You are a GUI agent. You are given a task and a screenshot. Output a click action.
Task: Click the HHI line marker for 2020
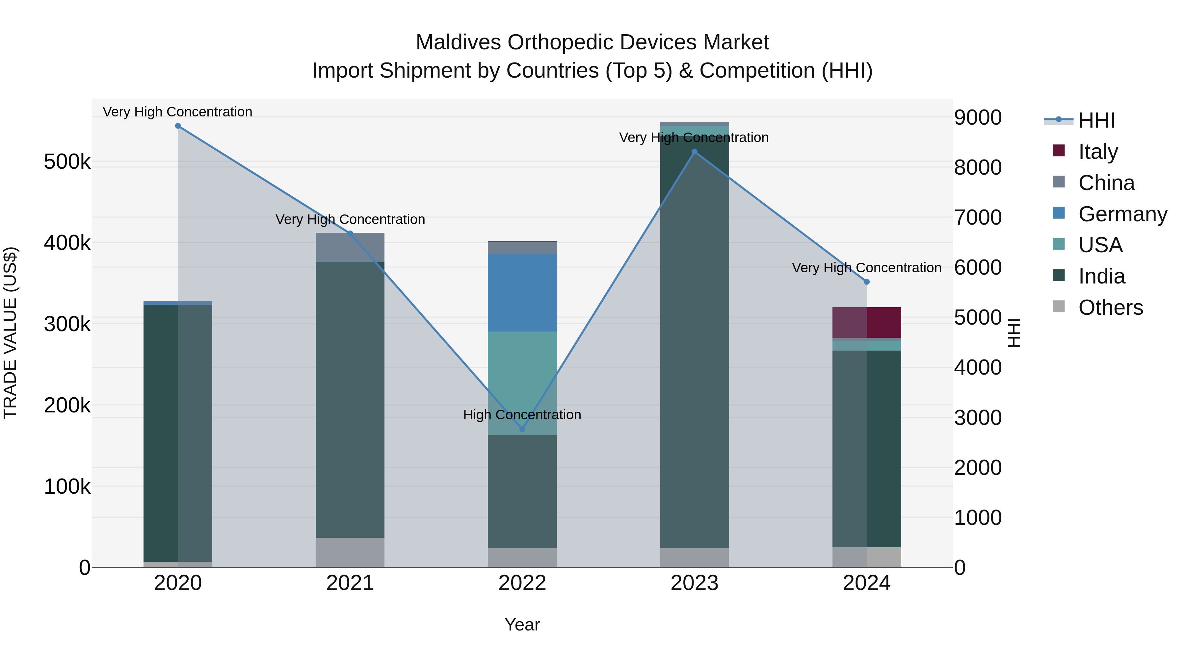click(x=178, y=126)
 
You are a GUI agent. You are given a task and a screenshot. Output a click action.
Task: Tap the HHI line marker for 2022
click(x=522, y=429)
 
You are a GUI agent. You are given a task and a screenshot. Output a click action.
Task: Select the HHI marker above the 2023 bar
click(x=695, y=152)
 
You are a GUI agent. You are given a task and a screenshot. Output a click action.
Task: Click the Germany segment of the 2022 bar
click(x=522, y=292)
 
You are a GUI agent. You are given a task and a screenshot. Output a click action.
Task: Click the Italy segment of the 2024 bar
click(x=867, y=322)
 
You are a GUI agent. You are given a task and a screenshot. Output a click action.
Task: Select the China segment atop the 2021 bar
click(x=350, y=248)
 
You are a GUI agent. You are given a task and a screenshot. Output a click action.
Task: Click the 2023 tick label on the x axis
click(x=695, y=583)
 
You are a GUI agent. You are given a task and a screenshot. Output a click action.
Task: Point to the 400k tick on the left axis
click(x=67, y=243)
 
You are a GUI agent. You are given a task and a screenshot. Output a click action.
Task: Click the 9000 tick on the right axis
click(x=978, y=118)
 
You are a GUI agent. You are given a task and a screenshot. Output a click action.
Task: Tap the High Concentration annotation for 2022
click(x=522, y=415)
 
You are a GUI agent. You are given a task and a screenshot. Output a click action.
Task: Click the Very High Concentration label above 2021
click(x=350, y=220)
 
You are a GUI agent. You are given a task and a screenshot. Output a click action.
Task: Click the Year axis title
click(x=522, y=625)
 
